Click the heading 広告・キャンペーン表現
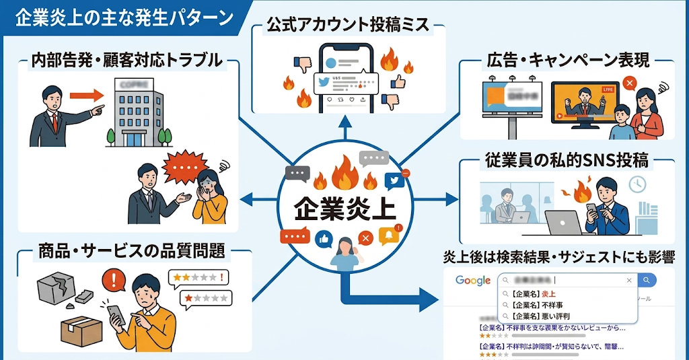[x=567, y=60]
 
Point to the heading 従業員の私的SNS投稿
[x=567, y=161]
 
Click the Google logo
[x=472, y=280]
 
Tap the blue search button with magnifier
[x=647, y=280]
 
